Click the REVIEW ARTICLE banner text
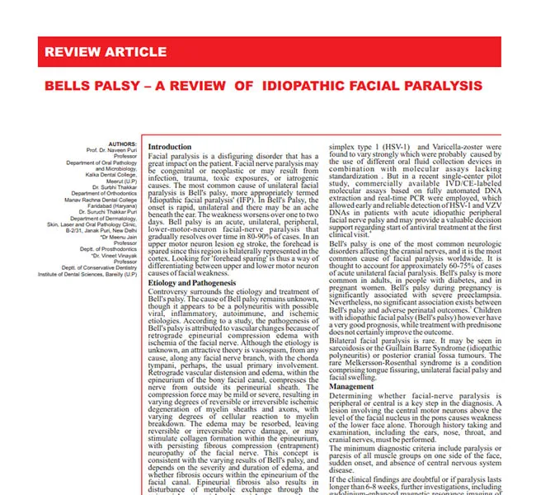(105, 52)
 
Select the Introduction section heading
(169, 147)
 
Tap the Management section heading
(351, 387)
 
